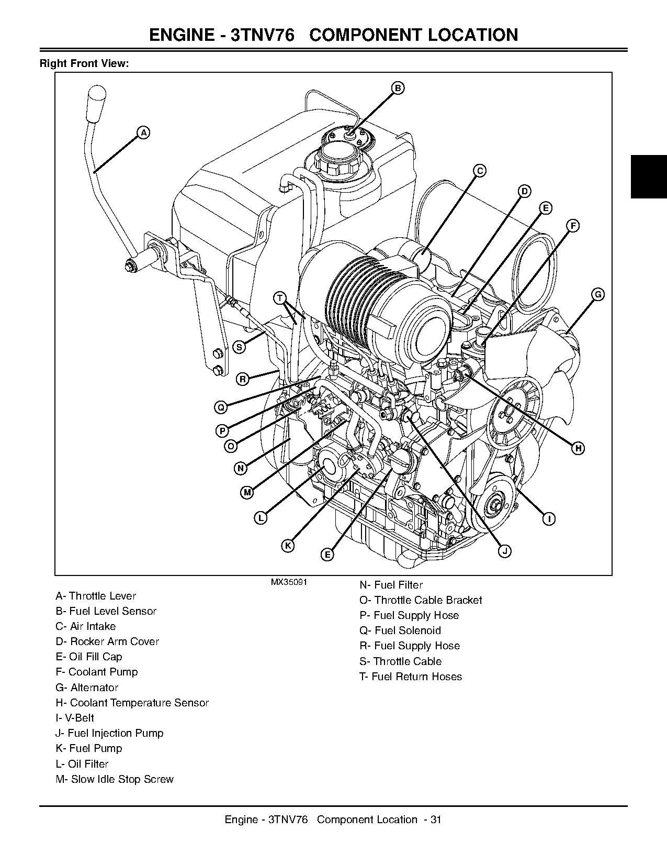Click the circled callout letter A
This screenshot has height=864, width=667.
pyautogui.click(x=143, y=132)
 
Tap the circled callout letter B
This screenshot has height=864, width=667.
pyautogui.click(x=398, y=88)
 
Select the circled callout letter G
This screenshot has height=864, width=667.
pyautogui.click(x=598, y=294)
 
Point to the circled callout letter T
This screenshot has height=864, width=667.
pyautogui.click(x=280, y=298)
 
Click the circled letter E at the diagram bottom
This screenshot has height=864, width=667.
pyautogui.click(x=326, y=555)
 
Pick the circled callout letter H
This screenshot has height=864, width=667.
pyautogui.click(x=578, y=448)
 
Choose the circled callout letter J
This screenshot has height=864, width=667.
pyautogui.click(x=504, y=551)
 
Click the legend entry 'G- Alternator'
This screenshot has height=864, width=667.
pyautogui.click(x=87, y=688)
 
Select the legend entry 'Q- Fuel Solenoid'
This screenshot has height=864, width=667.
pyautogui.click(x=400, y=630)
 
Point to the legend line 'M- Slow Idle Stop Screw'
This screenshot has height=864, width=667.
pyautogui.click(x=115, y=779)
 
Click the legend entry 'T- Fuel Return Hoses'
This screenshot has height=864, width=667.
pyautogui.click(x=411, y=677)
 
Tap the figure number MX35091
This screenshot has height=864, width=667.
pyautogui.click(x=289, y=582)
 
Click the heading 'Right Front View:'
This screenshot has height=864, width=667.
pyautogui.click(x=84, y=64)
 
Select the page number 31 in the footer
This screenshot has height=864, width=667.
pyautogui.click(x=436, y=819)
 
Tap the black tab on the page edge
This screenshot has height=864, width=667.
pyautogui.click(x=649, y=176)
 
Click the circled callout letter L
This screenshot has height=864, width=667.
pyautogui.click(x=261, y=518)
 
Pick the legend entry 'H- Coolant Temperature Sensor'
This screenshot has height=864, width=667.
pyautogui.click(x=132, y=703)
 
